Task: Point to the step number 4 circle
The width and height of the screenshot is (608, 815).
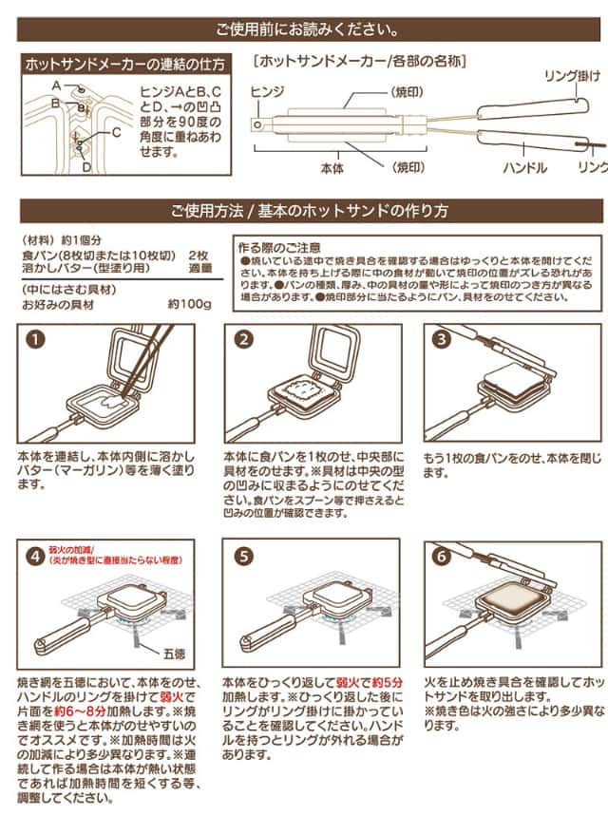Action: coord(35,556)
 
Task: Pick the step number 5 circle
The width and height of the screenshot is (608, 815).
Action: coord(244,556)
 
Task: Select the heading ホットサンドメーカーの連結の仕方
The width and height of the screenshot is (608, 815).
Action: coord(124,66)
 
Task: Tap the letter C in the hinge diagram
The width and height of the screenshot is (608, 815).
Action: coord(116,133)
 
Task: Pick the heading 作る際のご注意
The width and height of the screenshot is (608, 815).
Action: coord(280,245)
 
